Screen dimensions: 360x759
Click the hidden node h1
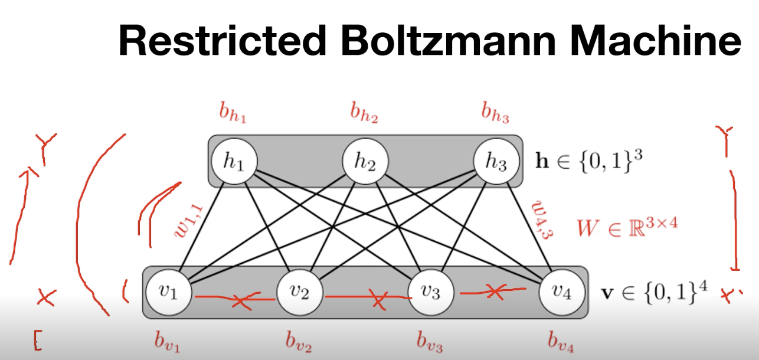(235, 161)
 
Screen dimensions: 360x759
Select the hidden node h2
(365, 161)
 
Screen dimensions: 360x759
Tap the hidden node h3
(496, 161)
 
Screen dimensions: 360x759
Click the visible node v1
(170, 292)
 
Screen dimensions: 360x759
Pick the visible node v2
(300, 292)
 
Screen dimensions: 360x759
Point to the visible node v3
(431, 292)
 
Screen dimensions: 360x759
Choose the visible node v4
(562, 292)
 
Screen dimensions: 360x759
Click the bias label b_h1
(233, 112)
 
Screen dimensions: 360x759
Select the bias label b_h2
(364, 112)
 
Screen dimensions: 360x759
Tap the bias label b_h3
(495, 112)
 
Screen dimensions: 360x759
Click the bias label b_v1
(167, 342)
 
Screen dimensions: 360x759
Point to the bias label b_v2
(298, 342)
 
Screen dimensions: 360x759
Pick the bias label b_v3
(429, 342)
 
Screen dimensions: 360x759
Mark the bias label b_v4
(560, 342)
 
